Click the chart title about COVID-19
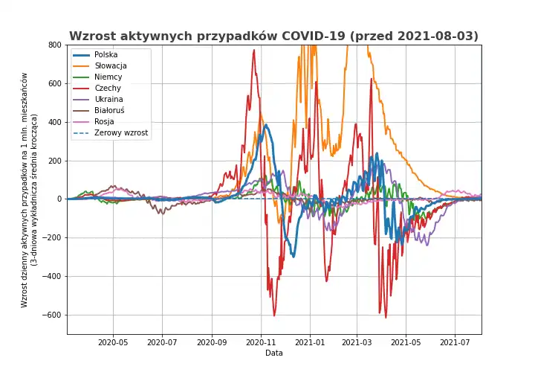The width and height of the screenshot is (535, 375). [274, 36]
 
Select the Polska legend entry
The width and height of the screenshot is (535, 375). [106, 55]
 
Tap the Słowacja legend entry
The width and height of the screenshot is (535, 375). [110, 66]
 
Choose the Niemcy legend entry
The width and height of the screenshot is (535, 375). [108, 77]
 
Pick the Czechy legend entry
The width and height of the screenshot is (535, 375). [108, 89]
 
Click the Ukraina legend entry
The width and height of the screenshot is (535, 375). [108, 100]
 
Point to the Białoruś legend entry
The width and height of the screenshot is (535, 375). [109, 111]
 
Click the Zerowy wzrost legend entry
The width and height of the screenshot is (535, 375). [121, 133]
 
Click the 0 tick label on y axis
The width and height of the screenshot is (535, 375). [58, 199]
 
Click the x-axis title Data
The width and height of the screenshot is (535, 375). [274, 353]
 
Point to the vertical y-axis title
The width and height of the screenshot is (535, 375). [29, 190]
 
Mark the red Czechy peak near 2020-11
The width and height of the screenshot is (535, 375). [253, 51]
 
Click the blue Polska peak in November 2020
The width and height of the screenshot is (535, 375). [266, 125]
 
